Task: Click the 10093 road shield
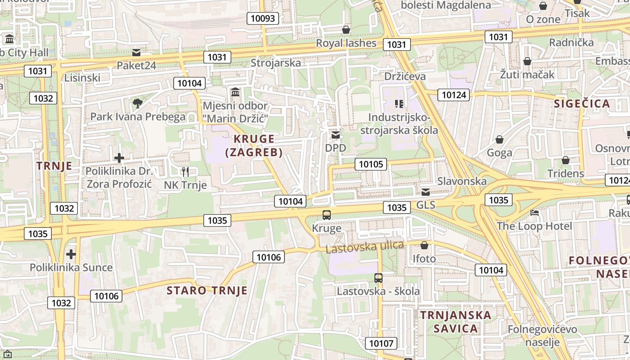[263, 18]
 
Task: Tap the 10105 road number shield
[371, 164]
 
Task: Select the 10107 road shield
[381, 343]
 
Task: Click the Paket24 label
[136, 65]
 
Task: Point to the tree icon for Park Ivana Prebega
[137, 104]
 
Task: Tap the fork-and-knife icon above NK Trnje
[185, 171]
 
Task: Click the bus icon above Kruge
[327, 215]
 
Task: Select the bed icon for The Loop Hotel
[535, 212]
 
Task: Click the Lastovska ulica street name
[364, 247]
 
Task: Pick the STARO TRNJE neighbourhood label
[207, 290]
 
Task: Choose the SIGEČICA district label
[582, 103]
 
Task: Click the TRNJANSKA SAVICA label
[456, 321]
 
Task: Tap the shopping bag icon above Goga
[499, 139]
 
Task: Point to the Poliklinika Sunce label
[71, 267]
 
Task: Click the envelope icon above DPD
[336, 135]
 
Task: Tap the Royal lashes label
[346, 43]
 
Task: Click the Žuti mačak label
[527, 74]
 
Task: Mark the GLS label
[426, 205]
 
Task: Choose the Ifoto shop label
[424, 259]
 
